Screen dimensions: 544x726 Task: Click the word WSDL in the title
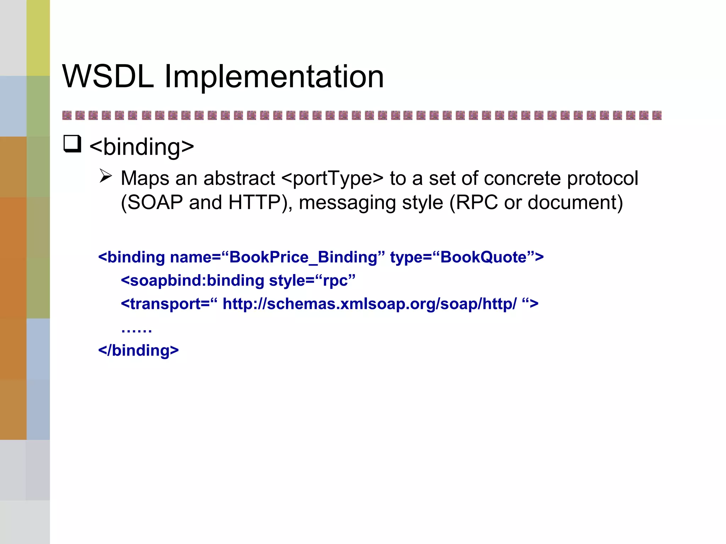[108, 76]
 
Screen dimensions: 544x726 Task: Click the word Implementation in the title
[274, 77]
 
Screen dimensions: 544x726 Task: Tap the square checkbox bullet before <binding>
[72, 144]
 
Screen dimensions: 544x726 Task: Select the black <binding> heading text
[142, 147]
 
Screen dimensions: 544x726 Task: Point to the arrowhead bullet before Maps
[106, 176]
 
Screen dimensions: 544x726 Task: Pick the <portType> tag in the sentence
[332, 179]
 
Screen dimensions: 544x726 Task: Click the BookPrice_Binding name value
[303, 257]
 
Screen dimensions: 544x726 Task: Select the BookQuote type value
[483, 257]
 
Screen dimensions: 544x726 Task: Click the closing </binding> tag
[139, 351]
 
